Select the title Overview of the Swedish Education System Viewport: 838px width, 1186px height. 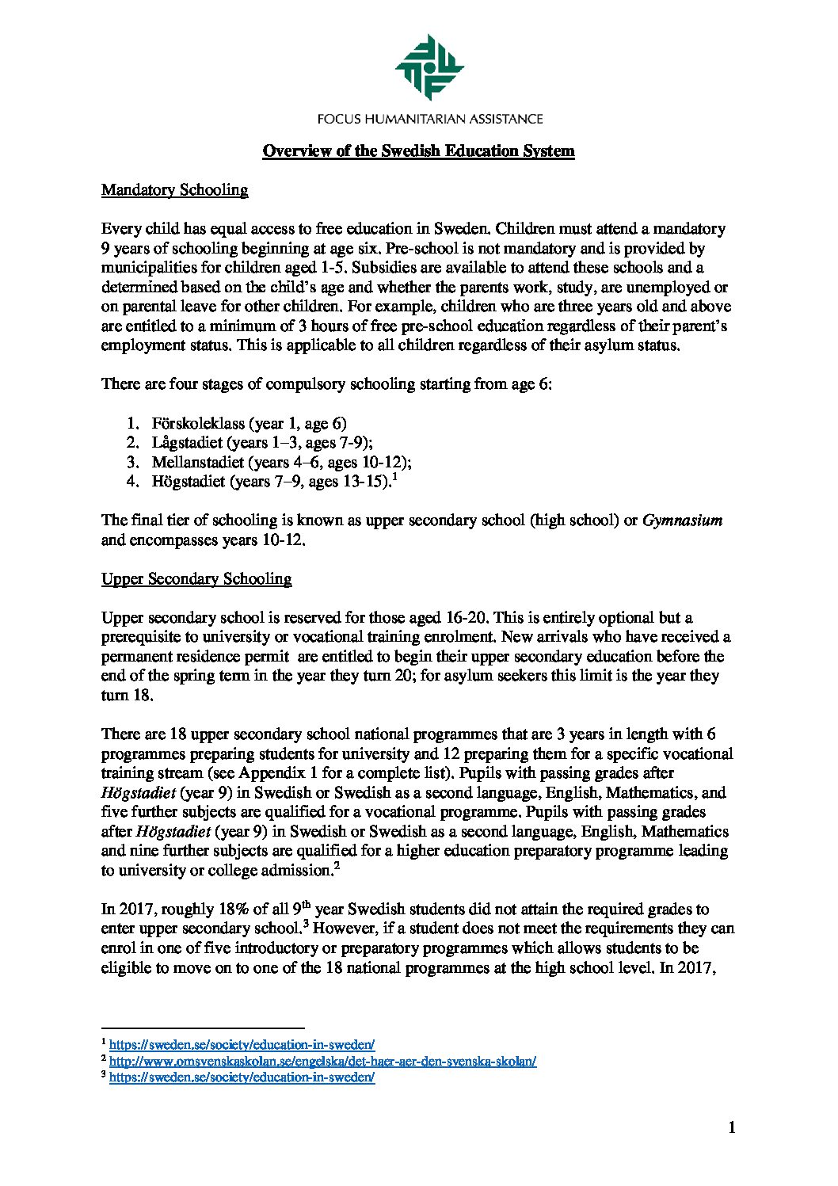[418, 151]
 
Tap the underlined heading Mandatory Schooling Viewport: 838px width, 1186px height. [174, 190]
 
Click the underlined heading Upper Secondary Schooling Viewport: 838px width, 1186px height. [196, 578]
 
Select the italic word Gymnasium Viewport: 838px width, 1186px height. [682, 521]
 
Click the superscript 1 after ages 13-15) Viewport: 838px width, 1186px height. [394, 476]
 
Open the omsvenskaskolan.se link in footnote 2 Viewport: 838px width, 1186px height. [322, 1062]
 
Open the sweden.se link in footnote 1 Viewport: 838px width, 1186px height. [242, 1045]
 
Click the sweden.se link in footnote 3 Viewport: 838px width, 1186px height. [242, 1078]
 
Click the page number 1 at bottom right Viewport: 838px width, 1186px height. [732, 1127]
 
